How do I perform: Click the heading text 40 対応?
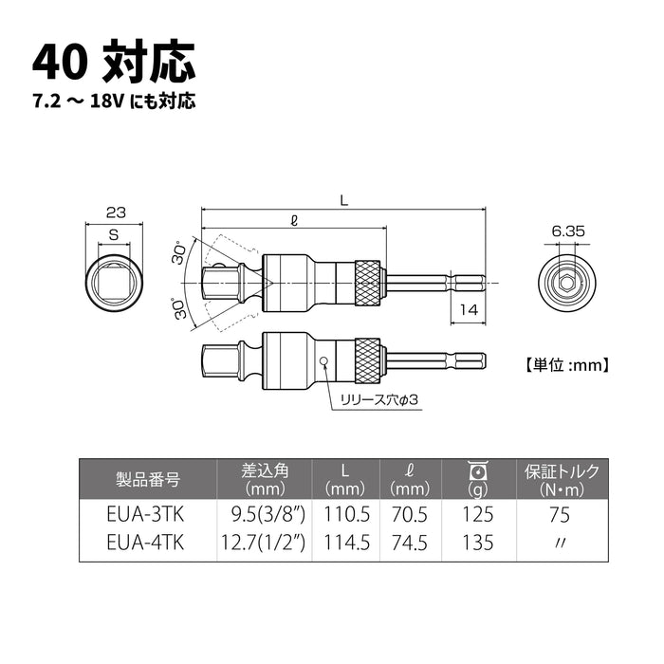point(114,62)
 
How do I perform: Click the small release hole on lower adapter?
point(324,360)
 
